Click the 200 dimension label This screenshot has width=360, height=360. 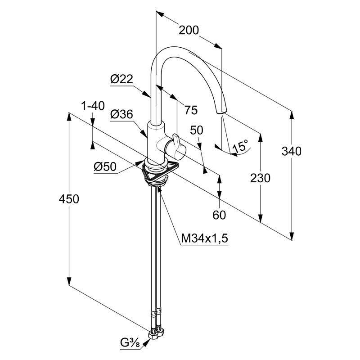pos(189,30)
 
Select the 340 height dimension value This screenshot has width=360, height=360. pos(292,151)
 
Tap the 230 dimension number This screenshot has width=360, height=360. pos(261,178)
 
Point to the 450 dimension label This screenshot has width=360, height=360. pos(68,199)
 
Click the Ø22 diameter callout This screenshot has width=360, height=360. pos(121,79)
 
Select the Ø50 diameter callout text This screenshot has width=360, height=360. pos(105,167)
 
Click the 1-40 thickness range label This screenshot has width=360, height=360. pos(93,106)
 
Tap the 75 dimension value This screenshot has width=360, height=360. pos(191,110)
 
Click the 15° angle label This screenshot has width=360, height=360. pos(240,146)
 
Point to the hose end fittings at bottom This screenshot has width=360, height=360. pos(156,333)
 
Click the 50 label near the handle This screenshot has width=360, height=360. pos(197,130)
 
